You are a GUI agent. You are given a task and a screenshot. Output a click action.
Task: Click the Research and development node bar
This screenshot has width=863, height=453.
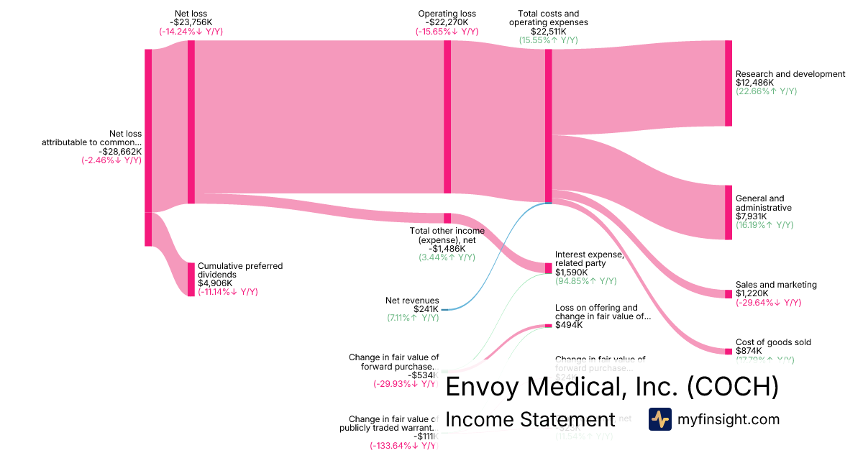728,83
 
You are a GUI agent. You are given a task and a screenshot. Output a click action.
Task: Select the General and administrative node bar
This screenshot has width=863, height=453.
728,212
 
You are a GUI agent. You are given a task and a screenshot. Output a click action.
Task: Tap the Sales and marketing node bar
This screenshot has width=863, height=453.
728,293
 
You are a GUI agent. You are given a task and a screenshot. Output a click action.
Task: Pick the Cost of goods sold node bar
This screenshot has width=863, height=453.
728,351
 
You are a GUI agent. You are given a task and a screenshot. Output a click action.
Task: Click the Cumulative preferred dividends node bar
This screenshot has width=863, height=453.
191,279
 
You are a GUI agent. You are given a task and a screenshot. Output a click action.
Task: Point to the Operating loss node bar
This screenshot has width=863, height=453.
447,116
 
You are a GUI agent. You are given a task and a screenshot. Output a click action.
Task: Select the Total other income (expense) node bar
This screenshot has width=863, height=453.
447,218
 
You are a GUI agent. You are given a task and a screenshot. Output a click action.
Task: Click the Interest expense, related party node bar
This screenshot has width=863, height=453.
548,267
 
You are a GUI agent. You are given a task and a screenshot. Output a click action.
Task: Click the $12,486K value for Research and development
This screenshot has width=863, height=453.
755,83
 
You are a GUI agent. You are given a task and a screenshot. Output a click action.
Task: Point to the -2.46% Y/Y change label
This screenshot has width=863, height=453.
111,161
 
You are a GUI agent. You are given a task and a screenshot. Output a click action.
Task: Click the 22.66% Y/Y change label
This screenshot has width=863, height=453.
766,92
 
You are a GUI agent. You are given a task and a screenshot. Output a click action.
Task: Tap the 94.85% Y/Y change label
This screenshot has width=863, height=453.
585,281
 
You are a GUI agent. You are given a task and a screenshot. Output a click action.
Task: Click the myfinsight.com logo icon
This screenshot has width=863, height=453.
659,419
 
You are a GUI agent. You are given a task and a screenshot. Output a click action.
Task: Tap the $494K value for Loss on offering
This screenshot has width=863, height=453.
567,326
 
